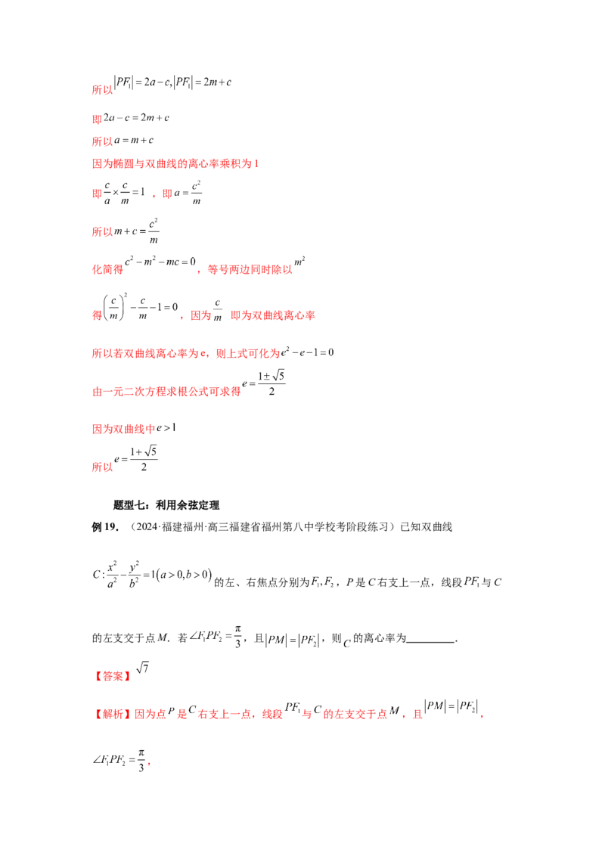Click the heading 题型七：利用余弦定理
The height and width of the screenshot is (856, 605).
pyautogui.click(x=166, y=505)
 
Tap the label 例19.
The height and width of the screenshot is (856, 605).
pyautogui.click(x=105, y=527)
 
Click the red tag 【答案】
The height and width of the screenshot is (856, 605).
pyautogui.click(x=113, y=676)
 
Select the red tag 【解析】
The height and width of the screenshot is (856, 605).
pyautogui.click(x=113, y=714)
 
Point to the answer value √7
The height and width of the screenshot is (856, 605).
pyautogui.click(x=142, y=668)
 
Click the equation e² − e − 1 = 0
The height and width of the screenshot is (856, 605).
pyautogui.click(x=307, y=352)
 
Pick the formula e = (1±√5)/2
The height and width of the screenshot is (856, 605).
pyautogui.click(x=264, y=383)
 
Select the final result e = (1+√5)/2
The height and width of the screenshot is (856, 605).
pyautogui.click(x=136, y=459)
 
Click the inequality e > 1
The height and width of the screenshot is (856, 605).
pyautogui.click(x=166, y=428)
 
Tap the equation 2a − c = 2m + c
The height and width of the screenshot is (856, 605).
pyautogui.click(x=137, y=117)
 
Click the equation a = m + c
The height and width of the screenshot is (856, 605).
pyautogui.click(x=134, y=141)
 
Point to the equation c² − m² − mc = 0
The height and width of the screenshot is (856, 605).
pyautogui.click(x=160, y=262)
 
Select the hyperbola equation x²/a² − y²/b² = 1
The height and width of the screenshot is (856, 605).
pyautogui.click(x=152, y=575)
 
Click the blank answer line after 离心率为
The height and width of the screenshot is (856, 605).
pyautogui.click(x=431, y=641)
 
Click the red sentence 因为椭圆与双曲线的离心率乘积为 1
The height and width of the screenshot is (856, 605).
pyautogui.click(x=175, y=163)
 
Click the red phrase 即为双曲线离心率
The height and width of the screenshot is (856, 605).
pyautogui.click(x=272, y=315)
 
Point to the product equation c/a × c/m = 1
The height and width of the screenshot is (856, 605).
pyautogui.click(x=124, y=193)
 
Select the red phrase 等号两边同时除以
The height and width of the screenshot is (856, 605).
pyautogui.click(x=250, y=269)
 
